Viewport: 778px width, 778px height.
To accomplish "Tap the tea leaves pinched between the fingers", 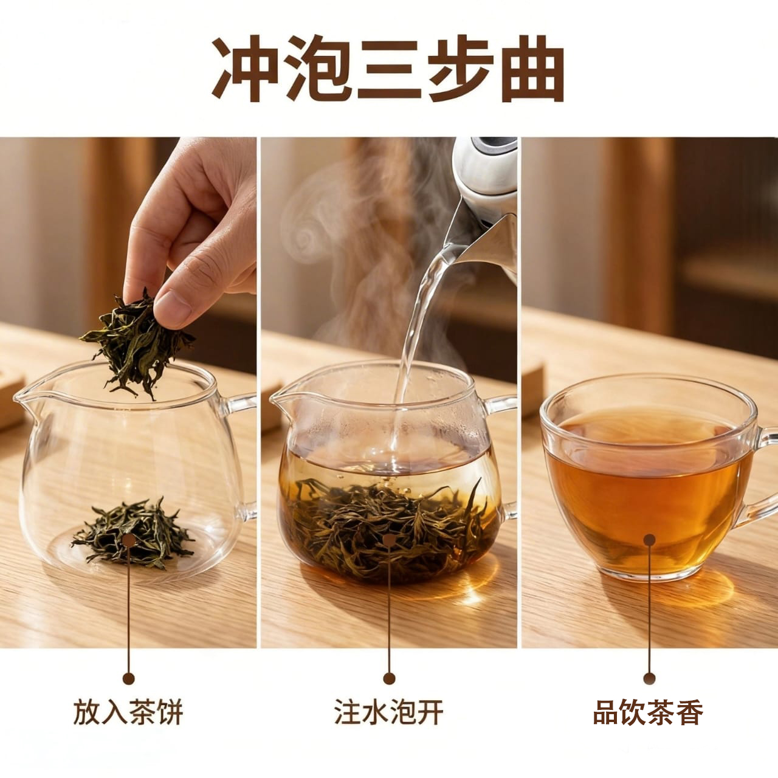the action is tap(136, 343).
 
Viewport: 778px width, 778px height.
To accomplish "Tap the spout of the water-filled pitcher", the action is tap(281, 402).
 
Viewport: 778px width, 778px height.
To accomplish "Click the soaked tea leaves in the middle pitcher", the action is tap(388, 525).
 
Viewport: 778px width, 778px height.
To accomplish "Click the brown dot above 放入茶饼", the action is tap(128, 678).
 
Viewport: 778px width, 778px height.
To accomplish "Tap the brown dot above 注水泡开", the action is tap(389, 678).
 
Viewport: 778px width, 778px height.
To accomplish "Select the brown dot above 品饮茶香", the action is tap(649, 678).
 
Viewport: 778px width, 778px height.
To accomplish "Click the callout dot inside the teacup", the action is tap(649, 539).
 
